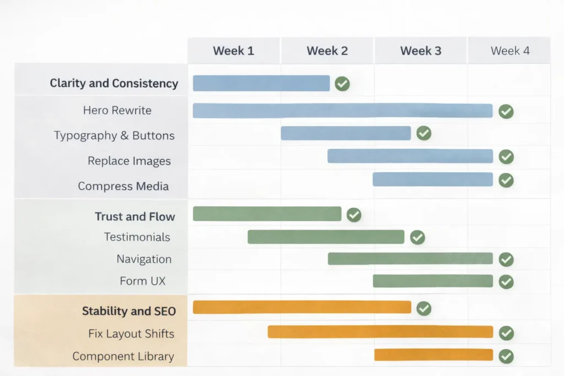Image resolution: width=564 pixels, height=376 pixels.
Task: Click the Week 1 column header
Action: pyautogui.click(x=234, y=51)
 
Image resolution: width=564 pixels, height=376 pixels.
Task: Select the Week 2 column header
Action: pyautogui.click(x=327, y=51)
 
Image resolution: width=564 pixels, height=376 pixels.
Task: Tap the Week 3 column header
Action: pyautogui.click(x=421, y=51)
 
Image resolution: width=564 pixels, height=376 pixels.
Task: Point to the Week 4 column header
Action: pyautogui.click(x=510, y=51)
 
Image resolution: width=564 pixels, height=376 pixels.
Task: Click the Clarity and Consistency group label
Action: pyautogui.click(x=114, y=84)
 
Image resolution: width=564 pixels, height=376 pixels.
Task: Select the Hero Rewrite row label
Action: pyautogui.click(x=117, y=110)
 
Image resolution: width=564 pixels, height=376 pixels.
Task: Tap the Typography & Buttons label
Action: pyautogui.click(x=114, y=135)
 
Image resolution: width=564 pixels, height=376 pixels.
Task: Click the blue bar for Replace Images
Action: pyautogui.click(x=410, y=156)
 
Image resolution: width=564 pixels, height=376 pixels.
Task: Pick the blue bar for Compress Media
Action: pyautogui.click(x=432, y=179)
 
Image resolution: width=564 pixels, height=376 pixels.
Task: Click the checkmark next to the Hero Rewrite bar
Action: pyautogui.click(x=506, y=111)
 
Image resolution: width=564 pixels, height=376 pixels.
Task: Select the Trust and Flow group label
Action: pyautogui.click(x=135, y=216)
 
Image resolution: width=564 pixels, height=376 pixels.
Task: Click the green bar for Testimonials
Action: pyautogui.click(x=326, y=237)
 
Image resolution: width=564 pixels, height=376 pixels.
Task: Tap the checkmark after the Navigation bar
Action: pyautogui.click(x=506, y=259)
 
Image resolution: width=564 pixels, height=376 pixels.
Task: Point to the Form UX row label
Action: pyautogui.click(x=143, y=281)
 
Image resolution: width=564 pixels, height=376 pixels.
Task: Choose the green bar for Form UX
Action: pyautogui.click(x=432, y=281)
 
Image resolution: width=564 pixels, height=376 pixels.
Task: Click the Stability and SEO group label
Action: pyautogui.click(x=129, y=311)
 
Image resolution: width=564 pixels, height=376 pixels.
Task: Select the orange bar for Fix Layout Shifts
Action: pyautogui.click(x=380, y=332)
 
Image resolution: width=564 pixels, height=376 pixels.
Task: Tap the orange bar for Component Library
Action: pyautogui.click(x=433, y=355)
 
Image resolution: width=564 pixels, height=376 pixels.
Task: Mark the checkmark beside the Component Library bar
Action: pyautogui.click(x=506, y=356)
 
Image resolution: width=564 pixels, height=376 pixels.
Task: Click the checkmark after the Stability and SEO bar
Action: pyautogui.click(x=424, y=308)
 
